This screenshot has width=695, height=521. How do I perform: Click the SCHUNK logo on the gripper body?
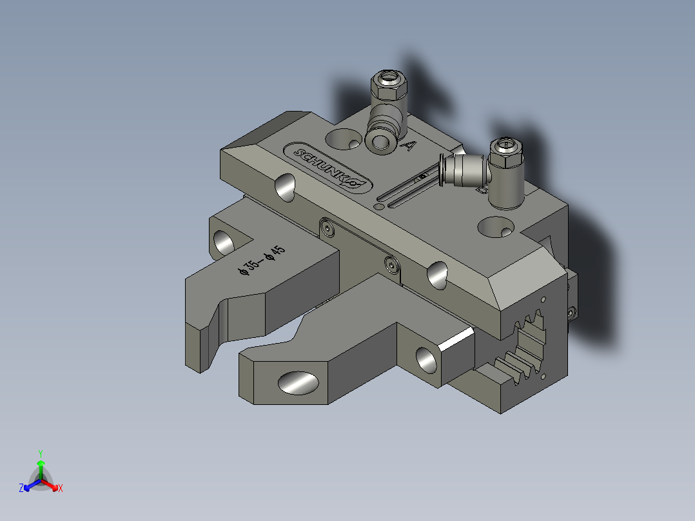[x=328, y=168]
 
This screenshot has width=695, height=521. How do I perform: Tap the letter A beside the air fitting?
[x=407, y=146]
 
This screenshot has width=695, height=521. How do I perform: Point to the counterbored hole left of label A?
[x=344, y=138]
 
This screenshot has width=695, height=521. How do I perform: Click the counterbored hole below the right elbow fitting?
[x=496, y=226]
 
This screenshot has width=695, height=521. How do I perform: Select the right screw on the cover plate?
[x=390, y=262]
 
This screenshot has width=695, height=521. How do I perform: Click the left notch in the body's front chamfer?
[x=284, y=187]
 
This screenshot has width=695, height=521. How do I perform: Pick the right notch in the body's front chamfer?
[x=437, y=275]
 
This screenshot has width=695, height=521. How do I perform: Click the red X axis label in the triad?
[x=61, y=489]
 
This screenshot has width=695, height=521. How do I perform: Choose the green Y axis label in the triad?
[x=41, y=453]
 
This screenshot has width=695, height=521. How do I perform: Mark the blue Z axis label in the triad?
[x=21, y=489]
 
